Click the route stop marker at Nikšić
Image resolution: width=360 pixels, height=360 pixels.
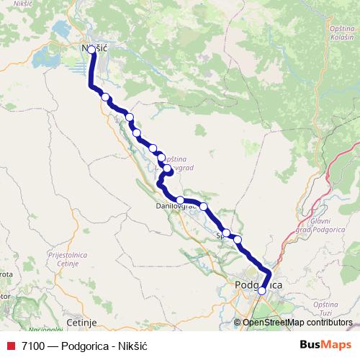pos(91,50)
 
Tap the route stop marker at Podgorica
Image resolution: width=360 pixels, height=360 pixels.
pos(262,291)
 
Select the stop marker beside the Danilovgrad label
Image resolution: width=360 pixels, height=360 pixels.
pos(180,200)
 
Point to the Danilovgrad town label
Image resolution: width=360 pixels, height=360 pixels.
pos(176,207)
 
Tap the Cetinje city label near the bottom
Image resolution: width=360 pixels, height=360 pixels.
pos(80,323)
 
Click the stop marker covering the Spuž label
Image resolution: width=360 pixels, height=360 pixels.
pos(226,233)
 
